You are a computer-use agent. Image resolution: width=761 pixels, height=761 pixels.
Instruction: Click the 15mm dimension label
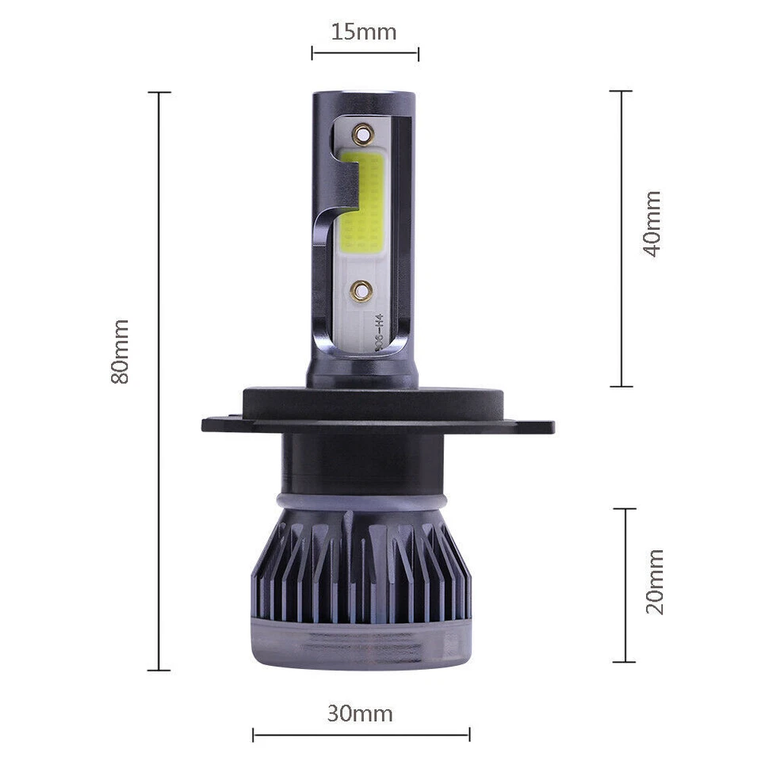point(364,33)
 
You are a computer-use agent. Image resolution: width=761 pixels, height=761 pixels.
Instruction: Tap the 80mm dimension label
point(120,352)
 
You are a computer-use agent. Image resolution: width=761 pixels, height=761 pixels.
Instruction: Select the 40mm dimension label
point(652,223)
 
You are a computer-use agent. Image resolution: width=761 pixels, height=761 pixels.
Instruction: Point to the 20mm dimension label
point(655,582)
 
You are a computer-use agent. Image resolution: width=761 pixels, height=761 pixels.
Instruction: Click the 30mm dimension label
point(360,713)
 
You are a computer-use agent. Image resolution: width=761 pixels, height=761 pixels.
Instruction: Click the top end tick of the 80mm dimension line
point(159,93)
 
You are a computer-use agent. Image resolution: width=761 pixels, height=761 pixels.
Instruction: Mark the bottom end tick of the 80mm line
point(159,671)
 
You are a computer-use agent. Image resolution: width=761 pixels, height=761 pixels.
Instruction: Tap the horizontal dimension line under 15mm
point(365,54)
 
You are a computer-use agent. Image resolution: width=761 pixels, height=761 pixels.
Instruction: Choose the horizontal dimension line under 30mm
point(361,735)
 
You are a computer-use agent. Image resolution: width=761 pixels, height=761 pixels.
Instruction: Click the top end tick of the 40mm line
point(621,91)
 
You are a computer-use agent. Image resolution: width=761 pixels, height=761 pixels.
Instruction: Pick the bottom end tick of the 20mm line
point(625,661)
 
